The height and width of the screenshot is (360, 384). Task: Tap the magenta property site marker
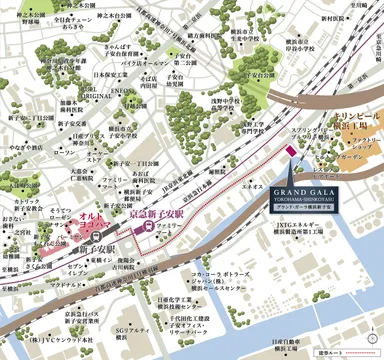tap(290, 152)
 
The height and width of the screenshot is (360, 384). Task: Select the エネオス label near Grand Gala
tap(253, 186)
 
